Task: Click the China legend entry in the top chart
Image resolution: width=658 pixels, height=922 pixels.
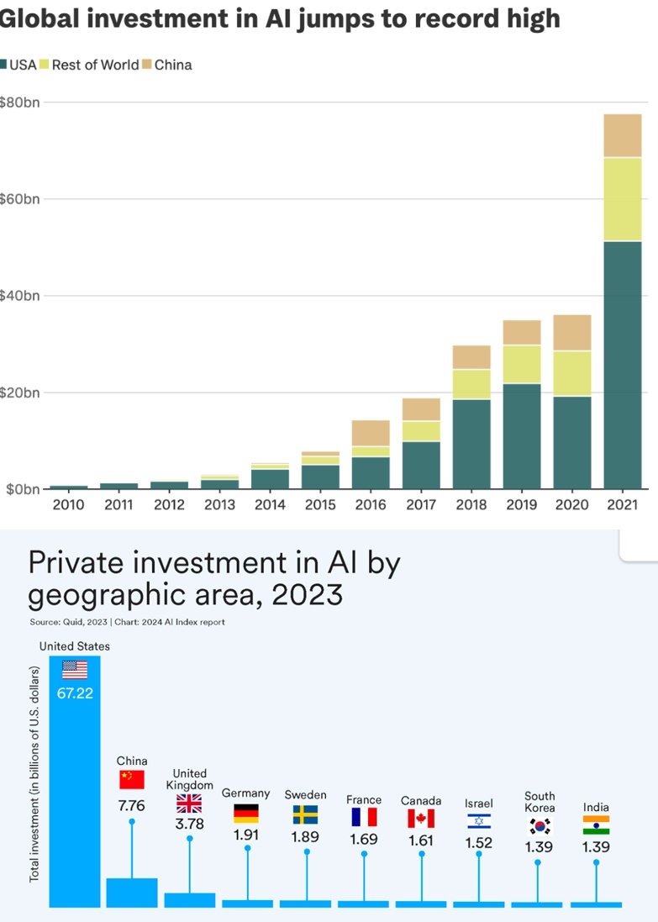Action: click(172, 65)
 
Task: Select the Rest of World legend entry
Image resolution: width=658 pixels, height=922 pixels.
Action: click(95, 65)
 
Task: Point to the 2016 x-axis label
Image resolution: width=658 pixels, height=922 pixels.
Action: click(371, 505)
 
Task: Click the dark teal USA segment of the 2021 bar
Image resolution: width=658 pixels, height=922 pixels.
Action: click(623, 361)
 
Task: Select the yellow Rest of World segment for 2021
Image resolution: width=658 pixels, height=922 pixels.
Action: click(623, 199)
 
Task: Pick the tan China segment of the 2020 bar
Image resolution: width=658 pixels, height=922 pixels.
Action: click(572, 332)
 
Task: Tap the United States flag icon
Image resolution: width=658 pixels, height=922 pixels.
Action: click(75, 670)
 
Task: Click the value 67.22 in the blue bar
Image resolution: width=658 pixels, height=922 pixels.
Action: click(75, 694)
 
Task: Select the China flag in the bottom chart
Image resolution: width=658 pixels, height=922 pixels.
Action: click(132, 779)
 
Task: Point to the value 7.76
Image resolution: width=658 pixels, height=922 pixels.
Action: click(132, 805)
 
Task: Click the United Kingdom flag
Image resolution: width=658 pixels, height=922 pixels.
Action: click(189, 803)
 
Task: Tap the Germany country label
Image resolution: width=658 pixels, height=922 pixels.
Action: click(246, 793)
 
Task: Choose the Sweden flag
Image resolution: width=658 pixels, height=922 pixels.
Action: click(305, 814)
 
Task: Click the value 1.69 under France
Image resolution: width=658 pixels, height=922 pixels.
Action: click(364, 838)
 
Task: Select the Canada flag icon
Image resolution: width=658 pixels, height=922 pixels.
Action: click(421, 818)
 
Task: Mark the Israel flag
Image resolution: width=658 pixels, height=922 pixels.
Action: click(479, 821)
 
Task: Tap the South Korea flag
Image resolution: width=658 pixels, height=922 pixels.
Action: click(539, 825)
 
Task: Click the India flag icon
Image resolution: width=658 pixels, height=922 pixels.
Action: click(596, 825)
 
